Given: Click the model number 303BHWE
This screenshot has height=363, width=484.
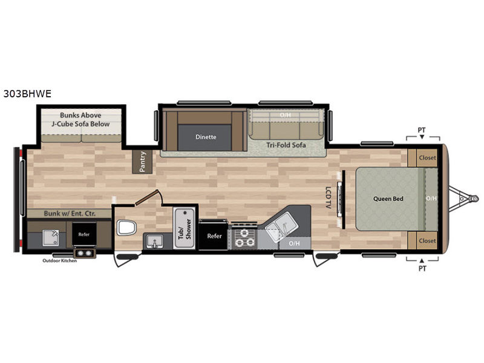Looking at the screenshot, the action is coord(27,94).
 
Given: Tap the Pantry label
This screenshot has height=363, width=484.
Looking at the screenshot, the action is coord(142,162).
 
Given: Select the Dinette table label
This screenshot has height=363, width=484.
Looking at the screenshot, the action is coord(206,137).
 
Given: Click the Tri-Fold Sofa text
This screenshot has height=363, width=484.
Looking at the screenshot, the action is coord(286,145).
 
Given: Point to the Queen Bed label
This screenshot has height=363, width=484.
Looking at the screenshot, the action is coord(388,199).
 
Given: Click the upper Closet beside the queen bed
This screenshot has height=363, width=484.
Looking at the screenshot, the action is coord(427,158).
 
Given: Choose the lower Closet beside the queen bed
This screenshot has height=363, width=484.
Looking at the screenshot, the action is coord(427,241).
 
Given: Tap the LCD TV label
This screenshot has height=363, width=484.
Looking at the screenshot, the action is coord(328,197).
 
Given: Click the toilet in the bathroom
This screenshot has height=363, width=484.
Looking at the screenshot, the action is coord(126,228).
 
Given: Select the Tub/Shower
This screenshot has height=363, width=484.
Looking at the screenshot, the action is coord(185,229).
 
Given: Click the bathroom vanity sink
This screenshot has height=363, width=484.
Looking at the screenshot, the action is coord(154,241).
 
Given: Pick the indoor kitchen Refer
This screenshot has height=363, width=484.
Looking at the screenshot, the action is coord(214,236).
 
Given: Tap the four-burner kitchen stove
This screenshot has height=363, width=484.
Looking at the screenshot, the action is coord(244,237).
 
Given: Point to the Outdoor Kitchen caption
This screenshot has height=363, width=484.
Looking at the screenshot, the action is coord(59,261).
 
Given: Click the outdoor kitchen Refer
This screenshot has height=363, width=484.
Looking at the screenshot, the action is coord(83,234).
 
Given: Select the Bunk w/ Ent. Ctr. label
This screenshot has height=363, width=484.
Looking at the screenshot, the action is coord(70,214).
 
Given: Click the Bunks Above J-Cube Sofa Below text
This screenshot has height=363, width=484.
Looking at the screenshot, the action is coord(80,119).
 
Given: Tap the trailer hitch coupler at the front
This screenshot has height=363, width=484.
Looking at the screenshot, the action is coord(474,198).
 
